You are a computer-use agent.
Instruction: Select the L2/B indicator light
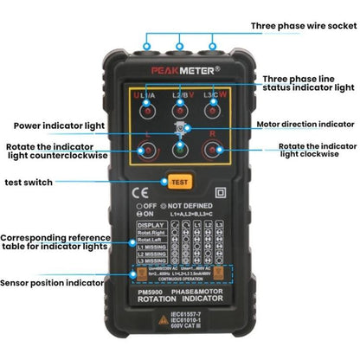coord(180,108)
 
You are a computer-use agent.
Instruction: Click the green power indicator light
coord(180,149)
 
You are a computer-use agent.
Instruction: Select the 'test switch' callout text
coord(29,182)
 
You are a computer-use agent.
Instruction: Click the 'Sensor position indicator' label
coord(51,281)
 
